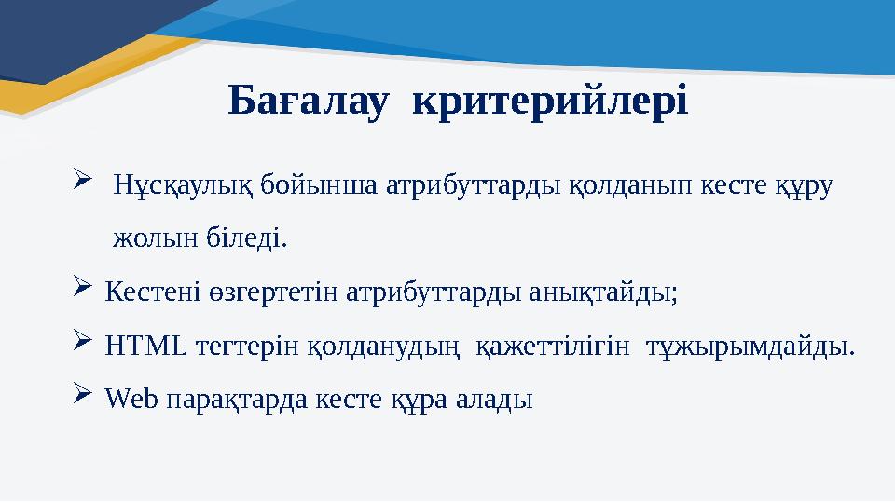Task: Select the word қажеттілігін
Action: [x=558, y=347]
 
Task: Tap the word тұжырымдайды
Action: [x=753, y=347]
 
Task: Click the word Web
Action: [x=131, y=400]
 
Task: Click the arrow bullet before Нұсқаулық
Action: [x=79, y=176]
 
